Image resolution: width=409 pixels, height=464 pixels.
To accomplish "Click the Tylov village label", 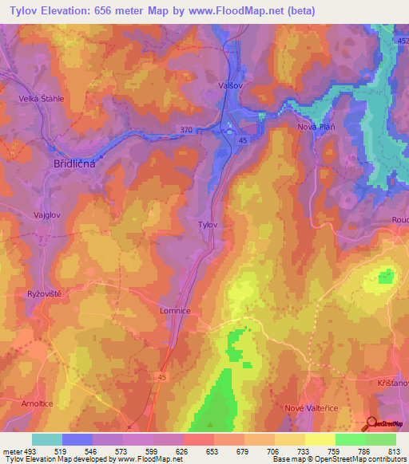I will coord(208,225).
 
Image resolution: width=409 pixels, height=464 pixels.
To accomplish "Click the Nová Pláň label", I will coord(316,127).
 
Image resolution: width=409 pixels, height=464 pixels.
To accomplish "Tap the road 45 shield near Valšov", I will coord(242,140).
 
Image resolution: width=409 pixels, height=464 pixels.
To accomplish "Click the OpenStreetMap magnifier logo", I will coord(371,423).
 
